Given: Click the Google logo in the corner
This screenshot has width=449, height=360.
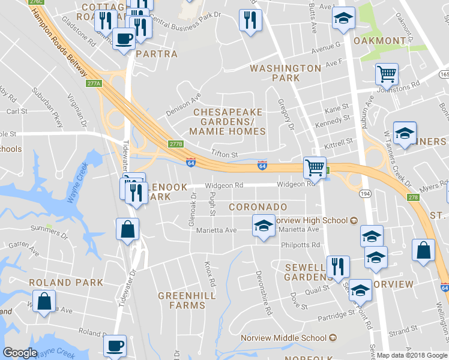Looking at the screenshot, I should tap(20, 353).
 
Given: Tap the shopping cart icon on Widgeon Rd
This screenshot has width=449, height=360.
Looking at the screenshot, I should tap(315, 167).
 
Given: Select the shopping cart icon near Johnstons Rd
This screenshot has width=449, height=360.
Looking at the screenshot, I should tap(387, 74).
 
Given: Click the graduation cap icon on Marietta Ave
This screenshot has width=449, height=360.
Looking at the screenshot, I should tap(263, 226).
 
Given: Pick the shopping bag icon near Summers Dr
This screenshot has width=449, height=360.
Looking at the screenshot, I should tap(127, 229).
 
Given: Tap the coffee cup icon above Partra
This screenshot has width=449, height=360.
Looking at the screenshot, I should tap(124, 39).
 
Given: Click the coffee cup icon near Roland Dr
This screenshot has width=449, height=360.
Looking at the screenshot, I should tap(115, 346).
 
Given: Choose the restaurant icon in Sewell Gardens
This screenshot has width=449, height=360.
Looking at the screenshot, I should tap(338, 266).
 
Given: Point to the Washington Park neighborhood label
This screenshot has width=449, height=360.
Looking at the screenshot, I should tap(285, 73).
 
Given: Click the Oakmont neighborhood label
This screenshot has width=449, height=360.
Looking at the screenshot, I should tap(380, 41).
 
